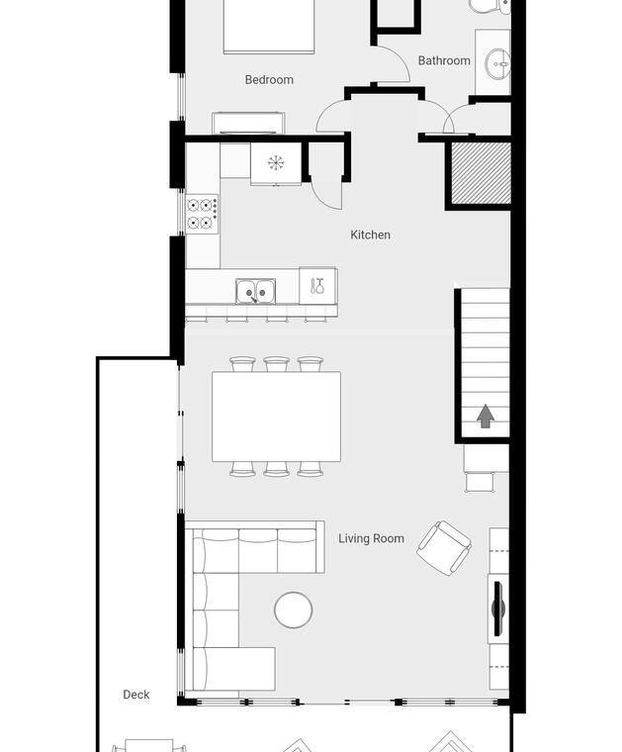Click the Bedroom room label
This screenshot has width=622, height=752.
point(269,79)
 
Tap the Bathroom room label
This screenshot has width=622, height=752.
point(444,60)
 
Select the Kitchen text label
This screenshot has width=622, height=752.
point(370,235)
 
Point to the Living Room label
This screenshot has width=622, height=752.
point(371,538)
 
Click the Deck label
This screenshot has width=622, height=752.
point(136,694)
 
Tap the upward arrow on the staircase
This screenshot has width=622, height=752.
point(486,416)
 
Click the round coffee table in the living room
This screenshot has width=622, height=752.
point(294,611)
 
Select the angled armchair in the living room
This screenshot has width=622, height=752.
point(444,548)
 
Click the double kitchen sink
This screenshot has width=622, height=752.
point(255,291)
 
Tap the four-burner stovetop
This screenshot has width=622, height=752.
point(202,214)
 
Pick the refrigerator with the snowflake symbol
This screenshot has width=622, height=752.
point(276,163)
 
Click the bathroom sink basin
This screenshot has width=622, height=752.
point(497,63)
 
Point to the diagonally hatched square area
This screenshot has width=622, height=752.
point(482,172)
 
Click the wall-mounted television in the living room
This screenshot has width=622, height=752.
point(498,609)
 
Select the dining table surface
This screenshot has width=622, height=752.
point(277,417)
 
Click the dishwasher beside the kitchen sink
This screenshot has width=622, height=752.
point(317,286)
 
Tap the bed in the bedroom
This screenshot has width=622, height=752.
point(269,27)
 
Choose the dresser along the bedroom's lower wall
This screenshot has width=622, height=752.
point(248,124)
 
